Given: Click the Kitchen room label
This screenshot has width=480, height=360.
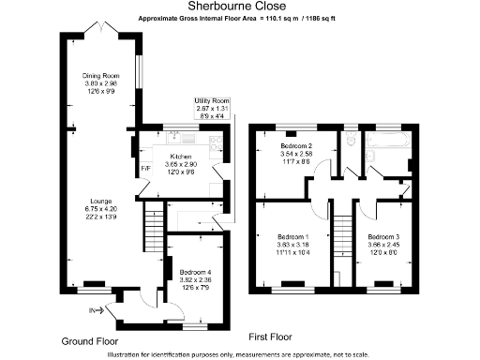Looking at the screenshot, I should (181, 157).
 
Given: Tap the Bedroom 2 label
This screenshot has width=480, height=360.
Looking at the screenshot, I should (297, 146).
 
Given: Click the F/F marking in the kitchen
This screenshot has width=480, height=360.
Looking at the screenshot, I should (145, 170).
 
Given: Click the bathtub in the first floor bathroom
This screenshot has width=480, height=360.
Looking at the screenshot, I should (386, 142).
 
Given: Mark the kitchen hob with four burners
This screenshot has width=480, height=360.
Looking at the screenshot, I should (216, 142).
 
